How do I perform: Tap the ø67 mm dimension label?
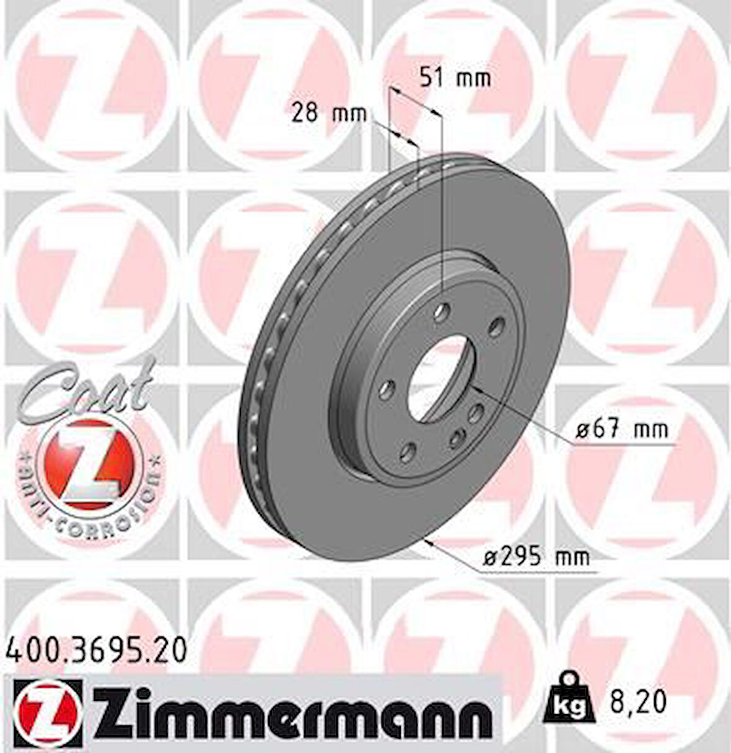(x=621, y=429)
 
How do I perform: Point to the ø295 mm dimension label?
(x=536, y=557)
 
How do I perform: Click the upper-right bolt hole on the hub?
(x=496, y=325)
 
